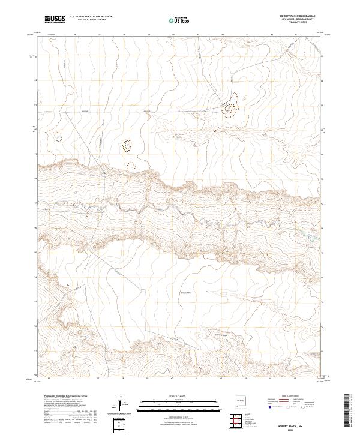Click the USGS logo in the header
coord(54,19)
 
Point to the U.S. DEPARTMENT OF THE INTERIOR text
coord(91,16)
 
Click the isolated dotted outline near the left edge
coord(58,136)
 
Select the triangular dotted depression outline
coord(131,165)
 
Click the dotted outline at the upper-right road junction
coord(232,104)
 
